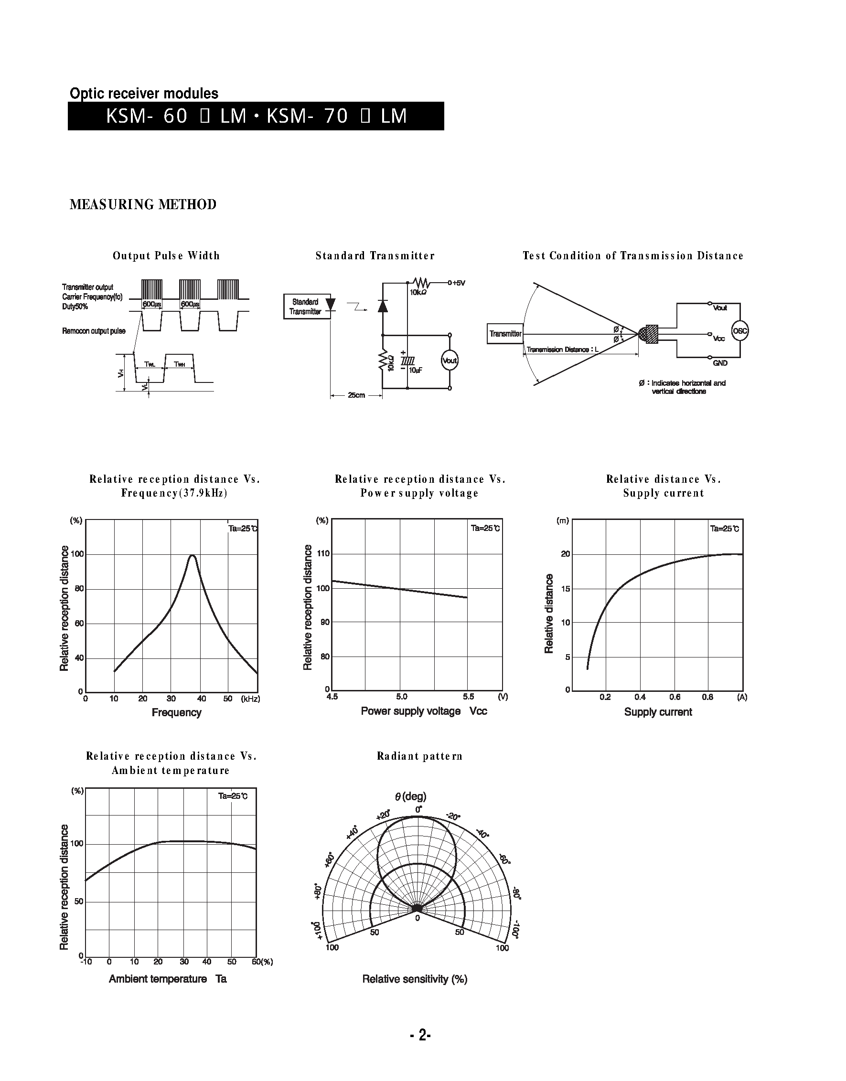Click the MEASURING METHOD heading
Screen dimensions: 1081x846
point(143,204)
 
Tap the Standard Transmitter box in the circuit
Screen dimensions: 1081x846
point(306,307)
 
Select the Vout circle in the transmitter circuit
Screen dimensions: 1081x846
point(449,360)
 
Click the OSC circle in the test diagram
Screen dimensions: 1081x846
point(739,331)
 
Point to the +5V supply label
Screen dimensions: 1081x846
point(457,283)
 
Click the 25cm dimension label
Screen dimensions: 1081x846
point(356,395)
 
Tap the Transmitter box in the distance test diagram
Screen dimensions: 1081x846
point(505,334)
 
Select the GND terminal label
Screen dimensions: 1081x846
point(720,363)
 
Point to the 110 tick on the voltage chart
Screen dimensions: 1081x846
point(323,553)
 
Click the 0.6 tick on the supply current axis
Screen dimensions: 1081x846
point(675,697)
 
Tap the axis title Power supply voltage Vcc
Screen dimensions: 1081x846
point(424,711)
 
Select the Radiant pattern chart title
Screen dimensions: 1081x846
point(419,756)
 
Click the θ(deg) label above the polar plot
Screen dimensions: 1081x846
point(411,796)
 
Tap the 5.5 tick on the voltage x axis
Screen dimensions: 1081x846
point(468,697)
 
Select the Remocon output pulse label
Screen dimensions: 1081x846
point(94,330)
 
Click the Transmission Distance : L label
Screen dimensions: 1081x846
point(562,350)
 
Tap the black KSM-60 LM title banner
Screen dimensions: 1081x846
point(256,116)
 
